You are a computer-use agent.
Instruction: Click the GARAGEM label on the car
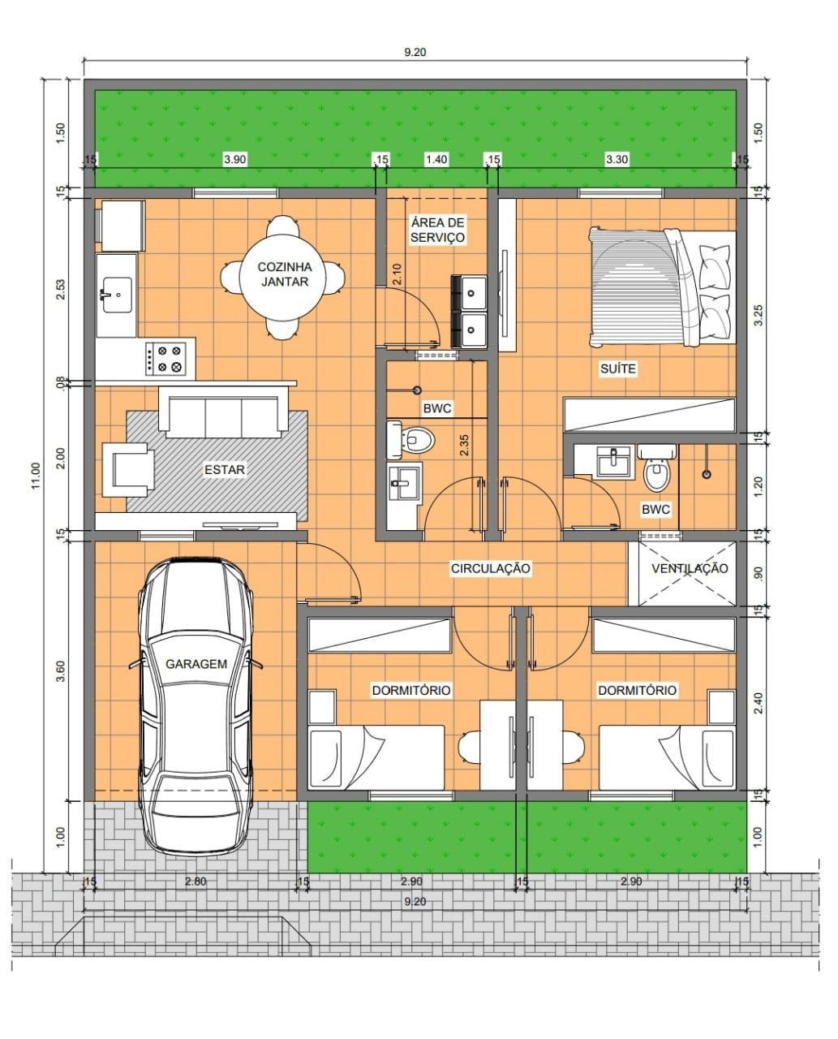196,664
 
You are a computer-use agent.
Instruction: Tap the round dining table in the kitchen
283,277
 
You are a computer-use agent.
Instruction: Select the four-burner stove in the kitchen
166,359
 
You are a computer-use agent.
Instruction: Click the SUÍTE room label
617,369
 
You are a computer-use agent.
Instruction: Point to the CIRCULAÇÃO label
491,568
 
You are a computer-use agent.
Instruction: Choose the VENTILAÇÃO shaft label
690,568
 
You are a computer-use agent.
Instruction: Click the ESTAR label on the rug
224,469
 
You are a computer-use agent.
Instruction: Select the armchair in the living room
128,470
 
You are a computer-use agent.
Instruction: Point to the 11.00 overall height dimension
36,476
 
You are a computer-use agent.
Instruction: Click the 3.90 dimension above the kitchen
234,159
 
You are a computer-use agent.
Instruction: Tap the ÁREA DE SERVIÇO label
437,230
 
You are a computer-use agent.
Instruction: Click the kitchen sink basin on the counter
117,295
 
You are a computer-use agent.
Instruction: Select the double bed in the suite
662,288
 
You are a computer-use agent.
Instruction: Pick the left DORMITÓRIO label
411,690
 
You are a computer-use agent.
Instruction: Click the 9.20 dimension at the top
415,52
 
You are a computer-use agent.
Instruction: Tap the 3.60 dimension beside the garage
61,671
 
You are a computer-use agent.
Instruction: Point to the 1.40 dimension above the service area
436,159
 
